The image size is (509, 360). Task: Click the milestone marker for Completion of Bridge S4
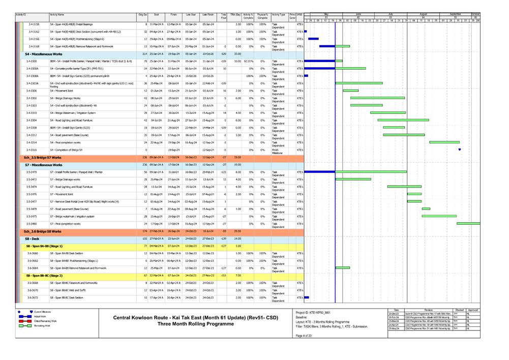[460, 149]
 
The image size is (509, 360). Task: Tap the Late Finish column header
[207, 15]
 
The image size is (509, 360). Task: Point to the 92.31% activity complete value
[248, 61]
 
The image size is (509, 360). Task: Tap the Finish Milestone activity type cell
[278, 151]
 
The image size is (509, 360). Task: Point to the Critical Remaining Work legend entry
[45, 321]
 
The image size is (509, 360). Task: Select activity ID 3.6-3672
[33, 297]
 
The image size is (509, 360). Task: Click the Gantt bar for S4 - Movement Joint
[350, 91]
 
